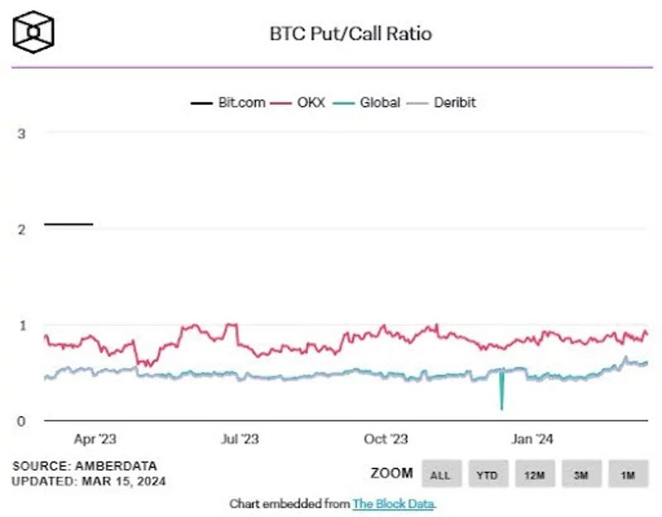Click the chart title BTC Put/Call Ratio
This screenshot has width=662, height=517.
click(x=351, y=34)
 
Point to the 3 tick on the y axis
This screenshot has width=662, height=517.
click(x=22, y=132)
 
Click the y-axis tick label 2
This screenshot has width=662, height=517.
click(x=22, y=228)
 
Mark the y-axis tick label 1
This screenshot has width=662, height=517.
click(x=22, y=324)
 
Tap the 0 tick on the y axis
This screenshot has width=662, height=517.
click(x=22, y=421)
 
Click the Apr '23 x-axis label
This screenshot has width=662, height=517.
click(x=95, y=439)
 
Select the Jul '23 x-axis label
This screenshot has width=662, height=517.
click(x=242, y=439)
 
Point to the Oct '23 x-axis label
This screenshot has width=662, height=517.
click(x=386, y=439)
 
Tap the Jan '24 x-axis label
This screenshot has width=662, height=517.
click(x=533, y=439)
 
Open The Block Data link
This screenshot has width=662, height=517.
click(x=393, y=503)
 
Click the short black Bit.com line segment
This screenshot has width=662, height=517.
click(x=69, y=223)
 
